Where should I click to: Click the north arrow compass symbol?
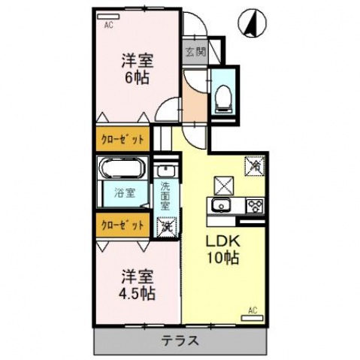(252, 23)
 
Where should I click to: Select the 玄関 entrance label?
(193, 53)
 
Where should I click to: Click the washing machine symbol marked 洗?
(165, 224)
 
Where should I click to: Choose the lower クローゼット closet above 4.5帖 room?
(123, 224)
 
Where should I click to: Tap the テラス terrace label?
(180, 341)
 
